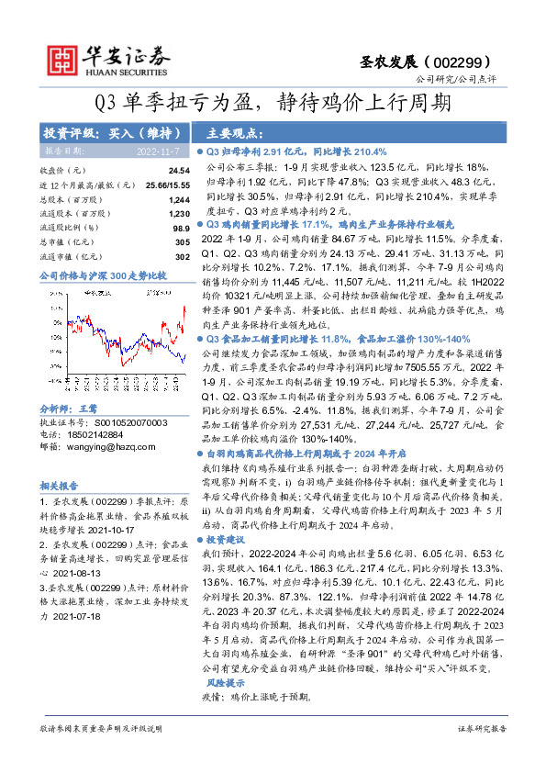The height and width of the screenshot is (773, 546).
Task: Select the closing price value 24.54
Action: (x=179, y=172)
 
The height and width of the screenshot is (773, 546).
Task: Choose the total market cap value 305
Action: (x=183, y=241)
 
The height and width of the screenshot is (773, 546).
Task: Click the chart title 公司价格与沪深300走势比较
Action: (x=103, y=274)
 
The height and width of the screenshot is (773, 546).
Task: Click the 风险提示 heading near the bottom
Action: (x=224, y=683)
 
